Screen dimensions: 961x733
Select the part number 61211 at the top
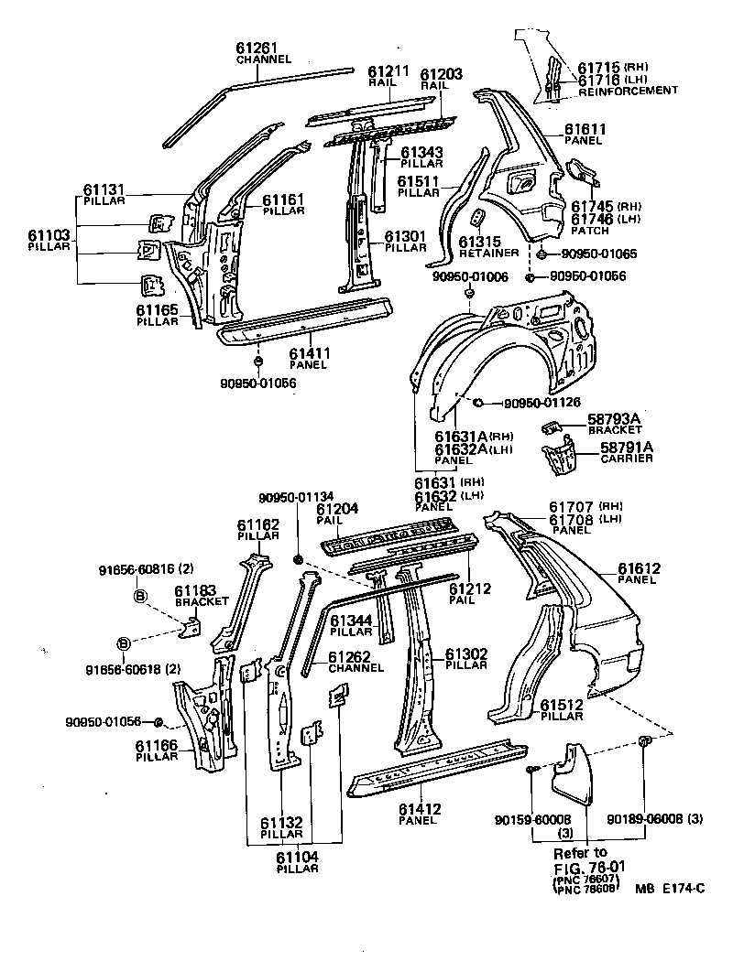tap(387, 70)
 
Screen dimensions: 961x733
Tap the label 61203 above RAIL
tap(441, 72)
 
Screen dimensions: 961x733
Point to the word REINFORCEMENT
tap(628, 91)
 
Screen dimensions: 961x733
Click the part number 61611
tap(583, 130)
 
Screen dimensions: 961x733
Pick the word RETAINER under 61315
tap(489, 253)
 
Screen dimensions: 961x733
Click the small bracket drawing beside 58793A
tap(552, 426)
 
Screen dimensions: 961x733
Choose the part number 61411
tap(310, 352)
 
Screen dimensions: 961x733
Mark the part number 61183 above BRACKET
tap(195, 590)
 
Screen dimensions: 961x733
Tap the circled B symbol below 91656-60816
tap(140, 597)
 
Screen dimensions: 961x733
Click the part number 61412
tap(421, 809)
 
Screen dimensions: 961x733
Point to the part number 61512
tap(561, 705)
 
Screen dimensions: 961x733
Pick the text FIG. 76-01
tap(587, 867)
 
